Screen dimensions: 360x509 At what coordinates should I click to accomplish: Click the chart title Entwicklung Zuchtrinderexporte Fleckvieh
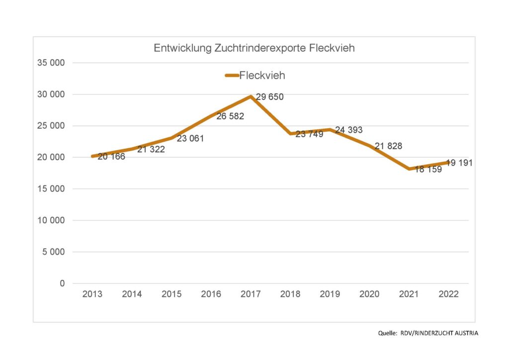254,49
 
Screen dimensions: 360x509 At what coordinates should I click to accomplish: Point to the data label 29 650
269,97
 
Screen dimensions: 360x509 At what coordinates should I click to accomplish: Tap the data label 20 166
111,157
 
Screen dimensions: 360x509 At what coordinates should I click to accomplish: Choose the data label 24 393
348,130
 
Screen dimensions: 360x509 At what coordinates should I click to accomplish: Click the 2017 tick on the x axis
251,294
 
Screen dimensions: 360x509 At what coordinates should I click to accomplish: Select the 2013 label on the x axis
92,294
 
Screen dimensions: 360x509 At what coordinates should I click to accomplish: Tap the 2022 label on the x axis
448,294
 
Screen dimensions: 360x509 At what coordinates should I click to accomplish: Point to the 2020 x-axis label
369,294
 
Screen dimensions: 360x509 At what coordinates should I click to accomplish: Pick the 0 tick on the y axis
62,283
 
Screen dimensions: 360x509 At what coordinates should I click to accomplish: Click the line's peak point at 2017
251,96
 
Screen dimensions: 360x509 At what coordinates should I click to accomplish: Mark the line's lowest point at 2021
409,169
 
